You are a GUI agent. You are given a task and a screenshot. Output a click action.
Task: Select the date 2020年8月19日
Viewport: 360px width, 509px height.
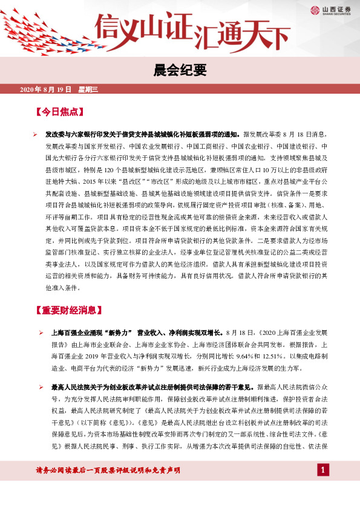(46, 90)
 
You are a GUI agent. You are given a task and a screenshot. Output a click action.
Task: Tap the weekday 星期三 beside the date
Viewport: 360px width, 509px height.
(88, 90)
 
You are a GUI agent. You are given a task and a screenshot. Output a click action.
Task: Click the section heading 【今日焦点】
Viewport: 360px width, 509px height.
(59, 112)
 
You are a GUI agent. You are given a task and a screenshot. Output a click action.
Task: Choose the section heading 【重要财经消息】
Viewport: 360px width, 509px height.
(67, 311)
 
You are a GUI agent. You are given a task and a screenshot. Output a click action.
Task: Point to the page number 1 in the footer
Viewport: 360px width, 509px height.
(324, 470)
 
